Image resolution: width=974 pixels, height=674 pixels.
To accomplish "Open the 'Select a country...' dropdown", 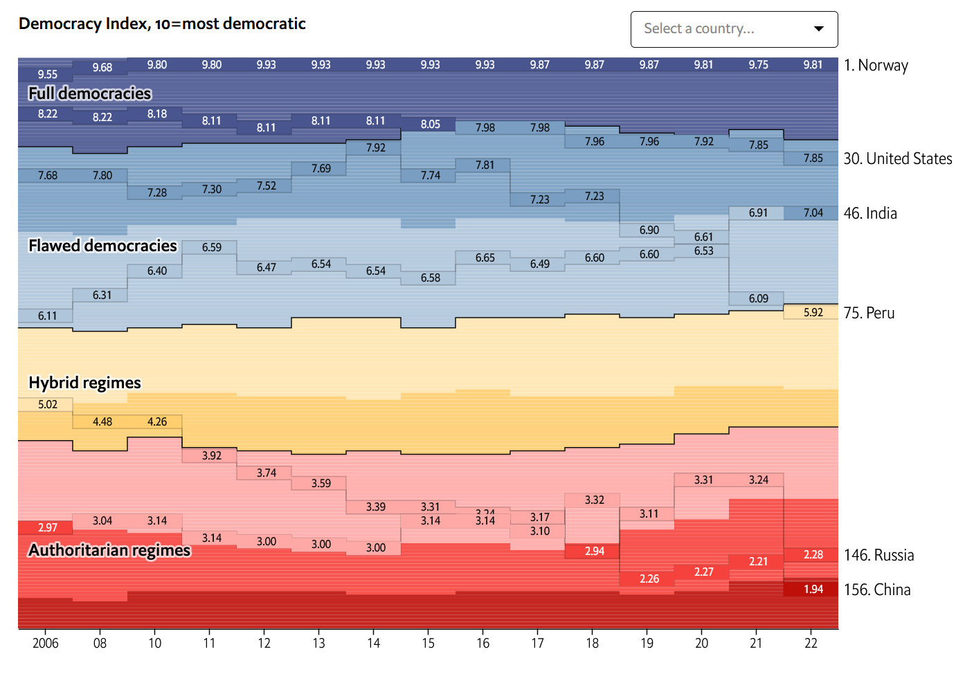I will click(x=734, y=29).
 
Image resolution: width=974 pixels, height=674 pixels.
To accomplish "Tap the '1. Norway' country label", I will click(x=876, y=66).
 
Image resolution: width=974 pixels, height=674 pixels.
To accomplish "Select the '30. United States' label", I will click(x=898, y=158).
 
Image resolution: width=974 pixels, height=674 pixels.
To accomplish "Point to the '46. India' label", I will click(x=870, y=213).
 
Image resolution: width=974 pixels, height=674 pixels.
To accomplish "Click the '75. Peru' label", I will click(x=869, y=313).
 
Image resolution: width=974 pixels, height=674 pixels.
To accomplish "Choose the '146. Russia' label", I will click(x=878, y=555).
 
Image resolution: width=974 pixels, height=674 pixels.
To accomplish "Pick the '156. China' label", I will click(x=877, y=590).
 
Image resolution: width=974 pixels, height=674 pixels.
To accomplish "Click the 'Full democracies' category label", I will click(x=89, y=93).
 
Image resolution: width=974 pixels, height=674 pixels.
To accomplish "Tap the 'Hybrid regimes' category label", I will click(x=84, y=383).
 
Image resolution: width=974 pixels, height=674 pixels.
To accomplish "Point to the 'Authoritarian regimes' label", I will click(x=109, y=550).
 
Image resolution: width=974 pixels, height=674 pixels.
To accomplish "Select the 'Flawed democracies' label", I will click(x=102, y=246).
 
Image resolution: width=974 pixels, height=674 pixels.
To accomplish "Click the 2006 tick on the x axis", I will click(x=46, y=643).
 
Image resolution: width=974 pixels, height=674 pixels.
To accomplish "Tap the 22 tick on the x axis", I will click(x=811, y=643).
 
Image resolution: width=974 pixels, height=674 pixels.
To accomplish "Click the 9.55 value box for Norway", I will click(x=47, y=74).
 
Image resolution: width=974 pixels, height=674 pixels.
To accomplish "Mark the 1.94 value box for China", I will click(x=813, y=589).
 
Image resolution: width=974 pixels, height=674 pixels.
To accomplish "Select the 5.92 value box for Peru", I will click(x=813, y=312).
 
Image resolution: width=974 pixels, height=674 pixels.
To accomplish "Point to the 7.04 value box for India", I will click(x=813, y=212).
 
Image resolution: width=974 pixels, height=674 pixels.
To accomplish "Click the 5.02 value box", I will click(x=47, y=404).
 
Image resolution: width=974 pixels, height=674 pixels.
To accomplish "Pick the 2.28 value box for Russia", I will click(x=813, y=554).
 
